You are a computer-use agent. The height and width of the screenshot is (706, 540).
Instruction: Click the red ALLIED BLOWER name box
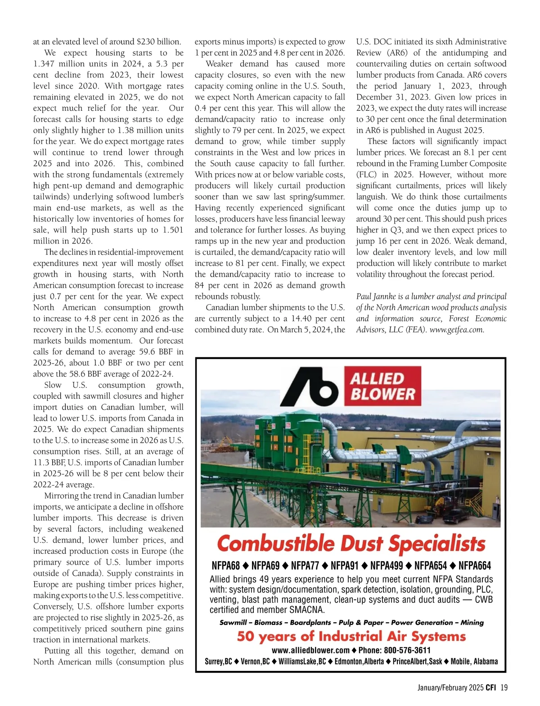coord(382,386)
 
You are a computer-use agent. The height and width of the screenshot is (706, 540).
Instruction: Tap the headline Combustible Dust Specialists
coord(351,544)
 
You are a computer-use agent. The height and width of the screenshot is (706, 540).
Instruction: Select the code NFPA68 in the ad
coord(225,566)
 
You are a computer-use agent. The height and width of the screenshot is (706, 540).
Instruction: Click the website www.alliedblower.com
coord(310,650)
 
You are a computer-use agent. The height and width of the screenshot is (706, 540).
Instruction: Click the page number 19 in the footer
coord(504,688)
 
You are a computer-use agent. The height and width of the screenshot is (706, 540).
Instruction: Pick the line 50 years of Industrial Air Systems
coord(351,636)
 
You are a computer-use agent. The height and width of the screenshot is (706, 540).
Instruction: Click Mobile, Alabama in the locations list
coord(474,661)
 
